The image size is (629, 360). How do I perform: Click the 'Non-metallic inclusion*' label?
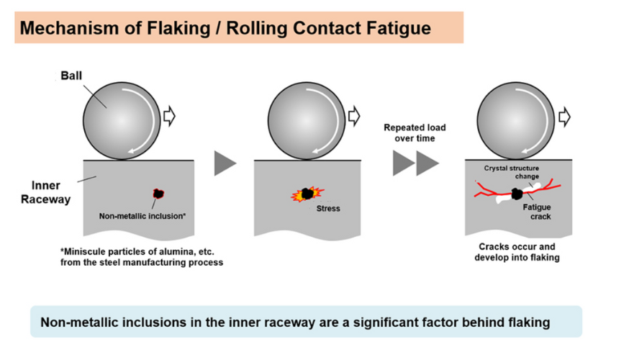142,215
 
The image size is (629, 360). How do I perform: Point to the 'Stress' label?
327,209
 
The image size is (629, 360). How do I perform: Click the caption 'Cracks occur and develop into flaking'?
516,252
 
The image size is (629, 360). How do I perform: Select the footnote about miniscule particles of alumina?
142,257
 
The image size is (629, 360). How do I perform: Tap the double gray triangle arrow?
416,163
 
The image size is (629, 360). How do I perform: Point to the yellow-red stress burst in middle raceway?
307,194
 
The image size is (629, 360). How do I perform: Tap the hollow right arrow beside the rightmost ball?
564,116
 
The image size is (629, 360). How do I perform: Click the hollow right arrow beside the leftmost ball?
170,116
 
